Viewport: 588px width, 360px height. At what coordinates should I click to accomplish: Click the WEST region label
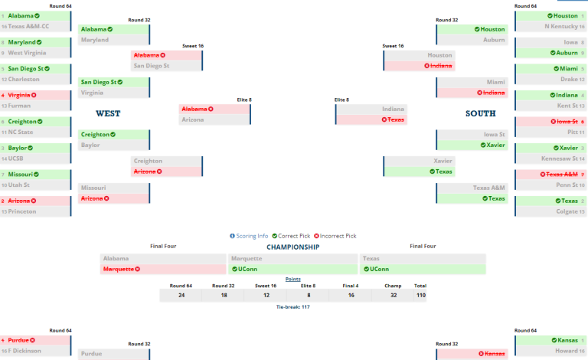[x=108, y=113]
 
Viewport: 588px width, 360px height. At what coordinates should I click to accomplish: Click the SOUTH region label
[x=480, y=113]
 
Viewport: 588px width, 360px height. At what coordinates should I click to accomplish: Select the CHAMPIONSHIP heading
[x=292, y=247]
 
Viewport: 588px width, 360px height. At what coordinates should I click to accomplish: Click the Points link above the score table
[x=293, y=280]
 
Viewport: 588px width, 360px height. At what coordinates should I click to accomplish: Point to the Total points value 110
[x=420, y=295]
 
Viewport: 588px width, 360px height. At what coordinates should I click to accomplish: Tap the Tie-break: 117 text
[x=293, y=306]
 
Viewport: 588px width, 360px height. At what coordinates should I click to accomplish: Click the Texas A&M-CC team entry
[x=34, y=26]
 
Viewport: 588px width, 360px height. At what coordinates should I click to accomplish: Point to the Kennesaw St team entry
[x=557, y=159]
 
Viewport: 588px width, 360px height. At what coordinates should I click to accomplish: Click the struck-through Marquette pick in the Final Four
[x=122, y=270]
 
